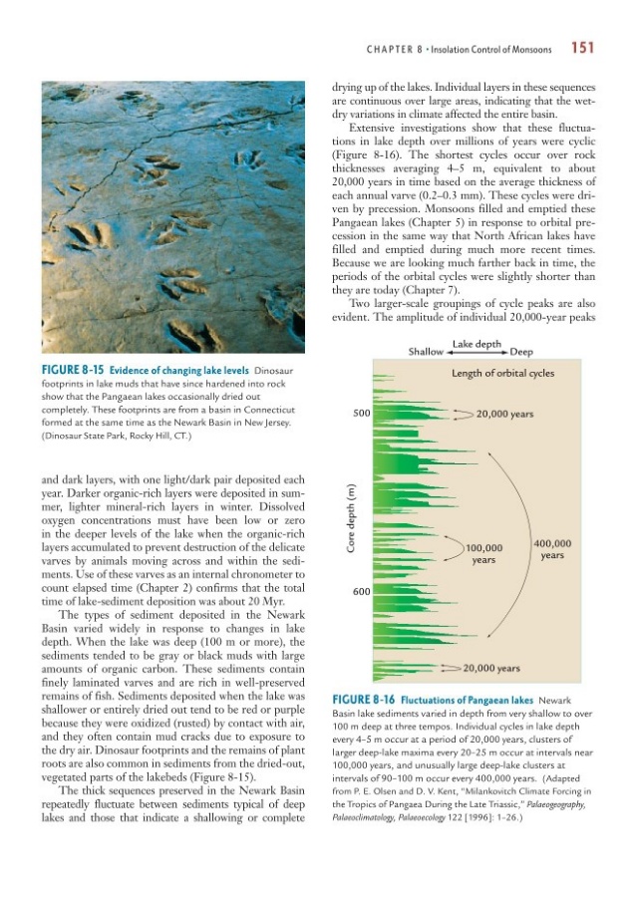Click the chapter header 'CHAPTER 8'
(x=397, y=47)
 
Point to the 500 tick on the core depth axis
(x=361, y=414)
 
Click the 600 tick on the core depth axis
(x=361, y=591)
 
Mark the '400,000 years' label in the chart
(x=553, y=549)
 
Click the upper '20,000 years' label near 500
(x=511, y=414)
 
